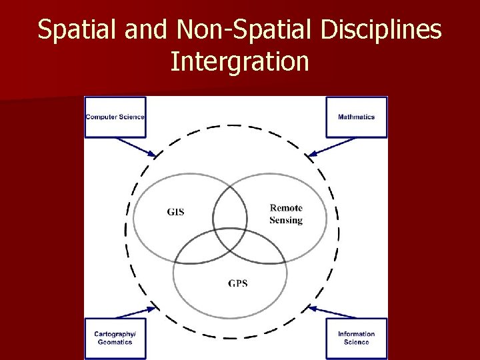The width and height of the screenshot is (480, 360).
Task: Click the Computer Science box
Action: click(115, 117)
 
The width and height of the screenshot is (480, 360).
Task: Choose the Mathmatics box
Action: click(356, 117)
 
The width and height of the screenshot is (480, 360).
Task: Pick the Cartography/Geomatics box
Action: click(115, 338)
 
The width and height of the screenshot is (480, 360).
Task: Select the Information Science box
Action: click(356, 338)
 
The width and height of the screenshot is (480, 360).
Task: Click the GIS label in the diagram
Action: click(175, 213)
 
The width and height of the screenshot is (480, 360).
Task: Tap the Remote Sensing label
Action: click(286, 214)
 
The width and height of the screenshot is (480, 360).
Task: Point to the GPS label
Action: click(237, 283)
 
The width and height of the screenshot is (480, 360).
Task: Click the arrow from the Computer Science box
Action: click(136, 147)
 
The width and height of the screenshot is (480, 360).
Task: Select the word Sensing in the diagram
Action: click(286, 220)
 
